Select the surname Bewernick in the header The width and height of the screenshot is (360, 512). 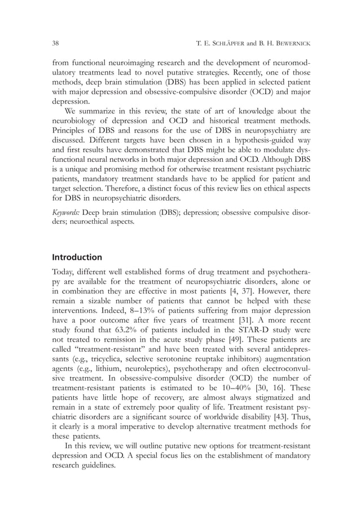pyautogui.click(x=291, y=43)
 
